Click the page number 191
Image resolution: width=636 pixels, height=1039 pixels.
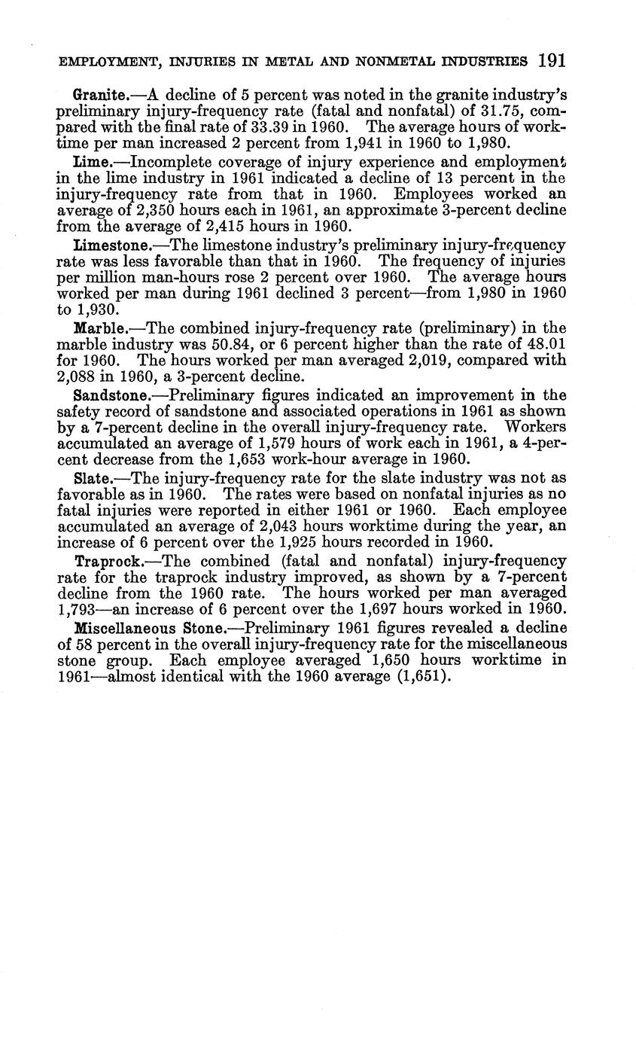point(552,59)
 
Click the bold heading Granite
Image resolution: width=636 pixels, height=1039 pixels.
point(99,96)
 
